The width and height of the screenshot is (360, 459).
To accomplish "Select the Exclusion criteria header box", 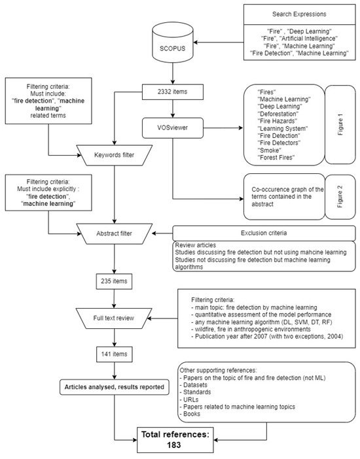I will click(264, 233).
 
